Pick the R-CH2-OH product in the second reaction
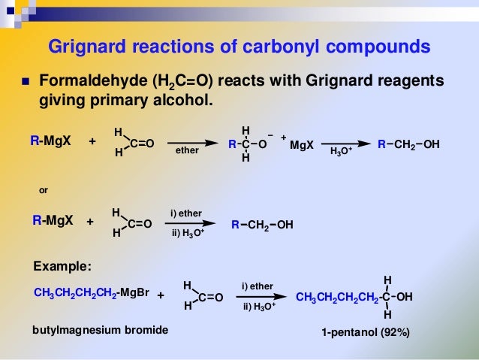[x=262, y=224]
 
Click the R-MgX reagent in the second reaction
[x=53, y=221]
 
